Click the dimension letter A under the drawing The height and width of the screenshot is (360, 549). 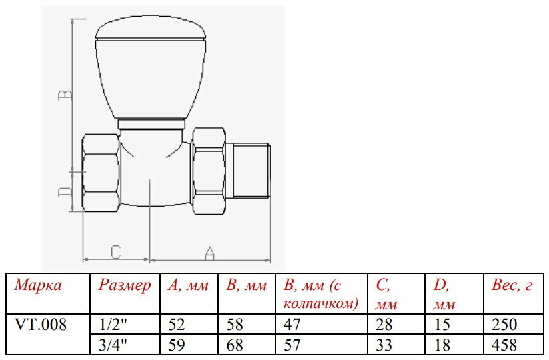209,253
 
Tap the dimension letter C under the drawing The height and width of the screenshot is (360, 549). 116,252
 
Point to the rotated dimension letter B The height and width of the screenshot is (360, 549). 65,95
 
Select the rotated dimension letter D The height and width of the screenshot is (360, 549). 65,191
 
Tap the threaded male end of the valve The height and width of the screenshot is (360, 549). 247,171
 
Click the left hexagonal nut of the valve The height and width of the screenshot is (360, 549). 101,173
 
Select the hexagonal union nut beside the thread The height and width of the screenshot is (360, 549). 209,171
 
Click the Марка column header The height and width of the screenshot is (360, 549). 38,285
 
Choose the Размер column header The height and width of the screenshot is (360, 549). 125,285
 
